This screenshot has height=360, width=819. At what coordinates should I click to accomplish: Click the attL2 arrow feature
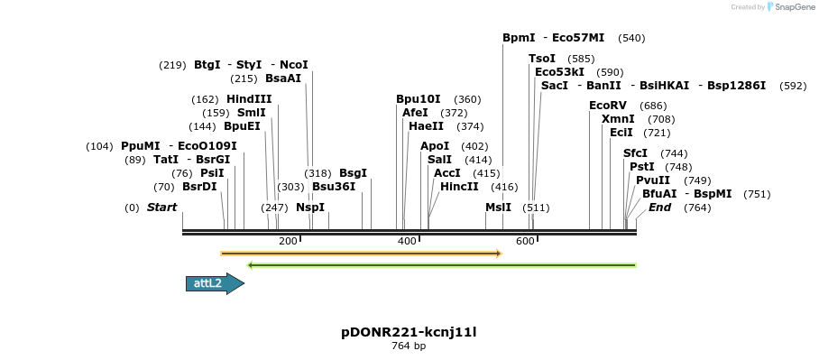(x=214, y=283)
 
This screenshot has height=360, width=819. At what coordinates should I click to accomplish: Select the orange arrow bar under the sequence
(x=361, y=254)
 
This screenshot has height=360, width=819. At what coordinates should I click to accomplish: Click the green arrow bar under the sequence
(x=442, y=265)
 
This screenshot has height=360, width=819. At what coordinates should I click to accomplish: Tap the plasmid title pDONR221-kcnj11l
(x=409, y=332)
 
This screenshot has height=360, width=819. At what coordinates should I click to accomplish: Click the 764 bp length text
(x=409, y=346)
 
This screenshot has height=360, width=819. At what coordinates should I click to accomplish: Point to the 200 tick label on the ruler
(x=288, y=241)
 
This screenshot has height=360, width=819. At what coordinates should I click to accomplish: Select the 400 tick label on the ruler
(x=407, y=241)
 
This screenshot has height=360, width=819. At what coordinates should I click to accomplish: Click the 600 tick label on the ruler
(x=526, y=241)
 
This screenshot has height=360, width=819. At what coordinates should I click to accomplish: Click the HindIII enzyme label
(x=249, y=99)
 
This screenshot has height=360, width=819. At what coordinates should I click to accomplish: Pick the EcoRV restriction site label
(x=609, y=106)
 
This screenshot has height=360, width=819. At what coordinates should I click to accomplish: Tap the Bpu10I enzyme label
(x=419, y=99)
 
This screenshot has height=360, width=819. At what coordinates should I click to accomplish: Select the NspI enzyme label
(x=310, y=208)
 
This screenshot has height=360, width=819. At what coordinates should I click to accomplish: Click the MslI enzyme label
(x=498, y=208)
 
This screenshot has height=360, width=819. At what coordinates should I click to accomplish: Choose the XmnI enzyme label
(x=618, y=119)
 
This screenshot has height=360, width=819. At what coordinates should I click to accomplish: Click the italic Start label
(x=161, y=208)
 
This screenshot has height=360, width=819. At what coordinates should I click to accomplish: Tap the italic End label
(x=659, y=208)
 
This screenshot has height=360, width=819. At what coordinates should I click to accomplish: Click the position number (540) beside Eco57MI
(x=631, y=38)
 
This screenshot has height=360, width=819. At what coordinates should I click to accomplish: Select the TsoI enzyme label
(x=542, y=59)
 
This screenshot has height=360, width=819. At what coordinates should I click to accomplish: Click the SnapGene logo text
(x=795, y=7)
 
